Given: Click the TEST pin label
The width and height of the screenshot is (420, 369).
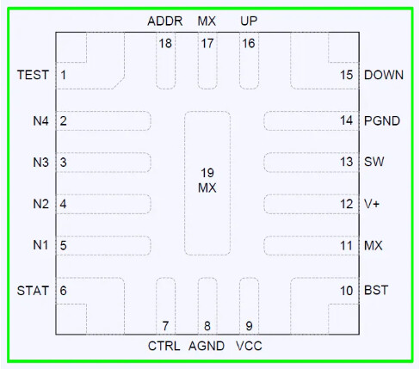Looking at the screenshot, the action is tap(33, 75).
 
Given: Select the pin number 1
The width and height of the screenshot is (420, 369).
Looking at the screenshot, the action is tap(64, 75).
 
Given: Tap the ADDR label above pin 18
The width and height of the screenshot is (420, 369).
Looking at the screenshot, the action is tap(165, 22).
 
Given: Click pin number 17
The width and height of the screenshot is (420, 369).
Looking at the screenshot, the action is tap(207, 44).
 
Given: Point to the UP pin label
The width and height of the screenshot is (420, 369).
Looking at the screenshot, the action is tap(249, 21).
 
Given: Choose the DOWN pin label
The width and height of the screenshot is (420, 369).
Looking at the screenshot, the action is tap(384, 75).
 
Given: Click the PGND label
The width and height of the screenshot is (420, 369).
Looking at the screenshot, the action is tap(382, 121).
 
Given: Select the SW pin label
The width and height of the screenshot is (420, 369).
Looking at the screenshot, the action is tap(374, 162).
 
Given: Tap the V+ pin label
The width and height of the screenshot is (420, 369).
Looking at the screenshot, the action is tap(372, 204).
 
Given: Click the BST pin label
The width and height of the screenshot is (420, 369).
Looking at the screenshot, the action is tap(376, 290).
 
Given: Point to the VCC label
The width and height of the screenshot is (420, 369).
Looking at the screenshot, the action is tap(249, 346).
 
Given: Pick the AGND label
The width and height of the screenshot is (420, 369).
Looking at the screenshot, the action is tap(207, 346).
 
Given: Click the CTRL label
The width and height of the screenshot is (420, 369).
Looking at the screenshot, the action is tap(164, 346).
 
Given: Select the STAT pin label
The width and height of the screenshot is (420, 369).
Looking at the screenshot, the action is tap(33, 291).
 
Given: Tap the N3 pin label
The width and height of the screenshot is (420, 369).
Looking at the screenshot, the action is tap(40, 163).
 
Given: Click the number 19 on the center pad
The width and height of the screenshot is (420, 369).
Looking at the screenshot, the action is tap(207, 173).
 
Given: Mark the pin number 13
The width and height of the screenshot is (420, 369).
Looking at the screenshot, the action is tap(347, 162).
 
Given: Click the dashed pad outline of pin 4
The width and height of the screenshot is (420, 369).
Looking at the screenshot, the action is tap(103, 194).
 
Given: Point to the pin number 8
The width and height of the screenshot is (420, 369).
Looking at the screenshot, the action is tap(207, 326).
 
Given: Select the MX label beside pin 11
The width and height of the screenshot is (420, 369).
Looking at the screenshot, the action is tap(374, 246).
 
